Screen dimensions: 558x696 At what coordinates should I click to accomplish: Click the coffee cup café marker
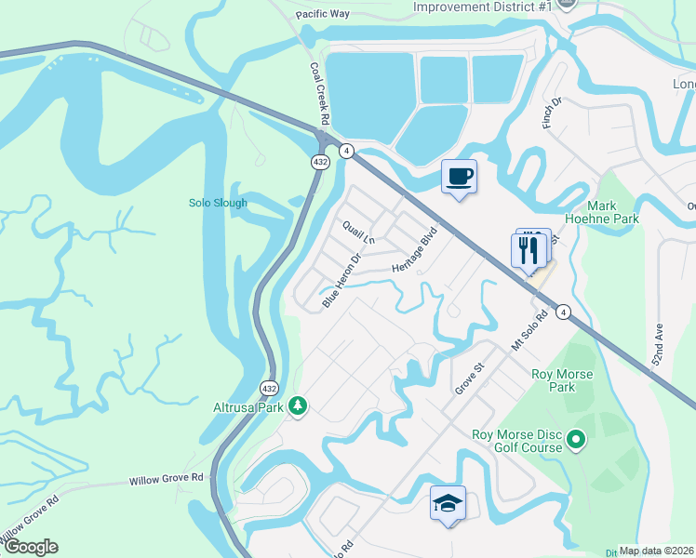pyautogui.click(x=459, y=176)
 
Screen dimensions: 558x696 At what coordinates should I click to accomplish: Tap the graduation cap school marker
pyautogui.click(x=448, y=503)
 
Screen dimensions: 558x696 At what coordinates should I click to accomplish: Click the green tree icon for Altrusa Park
pyautogui.click(x=298, y=405)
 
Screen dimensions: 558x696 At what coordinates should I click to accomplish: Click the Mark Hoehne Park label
pyautogui.click(x=615, y=212)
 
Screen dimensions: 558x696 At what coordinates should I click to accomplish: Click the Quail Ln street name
pyautogui.click(x=358, y=232)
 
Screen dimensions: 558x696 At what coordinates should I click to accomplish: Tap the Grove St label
pyautogui.click(x=471, y=379)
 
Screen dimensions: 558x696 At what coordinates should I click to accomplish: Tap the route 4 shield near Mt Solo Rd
pyautogui.click(x=564, y=312)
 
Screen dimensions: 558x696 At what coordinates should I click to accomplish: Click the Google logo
pyautogui.click(x=31, y=547)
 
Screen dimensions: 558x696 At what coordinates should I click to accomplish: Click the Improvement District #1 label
pyautogui.click(x=483, y=7)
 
